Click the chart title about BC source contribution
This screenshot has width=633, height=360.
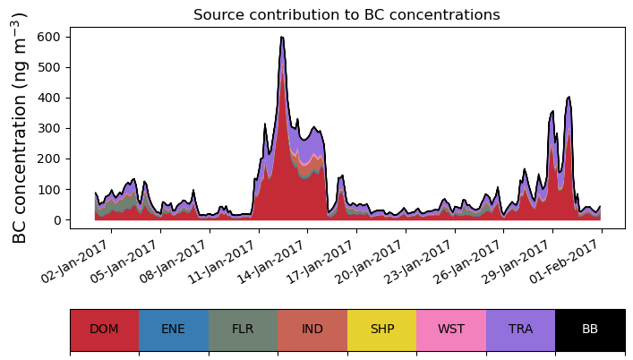point(346,14)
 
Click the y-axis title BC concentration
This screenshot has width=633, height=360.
point(20,128)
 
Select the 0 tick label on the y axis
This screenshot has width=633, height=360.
point(57,219)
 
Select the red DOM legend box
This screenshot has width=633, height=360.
point(104,330)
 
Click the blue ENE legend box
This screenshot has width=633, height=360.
point(174,330)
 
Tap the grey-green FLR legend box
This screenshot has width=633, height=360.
point(243,330)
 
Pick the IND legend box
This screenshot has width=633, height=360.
point(312,330)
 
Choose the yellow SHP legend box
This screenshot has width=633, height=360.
point(381,330)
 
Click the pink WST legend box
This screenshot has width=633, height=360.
point(451,330)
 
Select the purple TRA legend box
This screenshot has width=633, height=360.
point(520,330)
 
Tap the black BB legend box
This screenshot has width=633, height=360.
point(590,330)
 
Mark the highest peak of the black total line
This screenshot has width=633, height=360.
point(282,37)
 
